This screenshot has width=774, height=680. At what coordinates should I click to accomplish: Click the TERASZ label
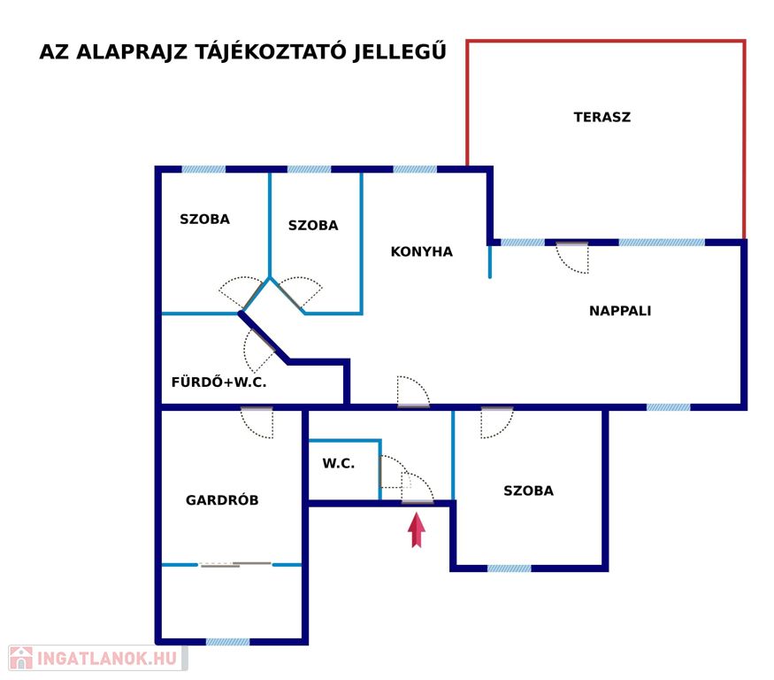(x=602, y=117)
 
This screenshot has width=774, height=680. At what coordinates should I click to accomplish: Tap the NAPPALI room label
(x=620, y=311)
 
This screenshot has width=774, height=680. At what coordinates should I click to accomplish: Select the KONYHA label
(x=422, y=251)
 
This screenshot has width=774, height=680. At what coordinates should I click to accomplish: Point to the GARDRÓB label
(x=222, y=500)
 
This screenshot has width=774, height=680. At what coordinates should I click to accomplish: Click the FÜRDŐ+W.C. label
(x=218, y=382)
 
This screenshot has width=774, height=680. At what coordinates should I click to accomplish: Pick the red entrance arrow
(x=417, y=529)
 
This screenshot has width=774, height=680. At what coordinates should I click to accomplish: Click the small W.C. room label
(x=338, y=464)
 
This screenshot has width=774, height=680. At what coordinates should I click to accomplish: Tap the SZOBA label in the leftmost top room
(x=205, y=219)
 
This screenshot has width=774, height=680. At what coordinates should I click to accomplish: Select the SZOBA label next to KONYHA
(x=313, y=226)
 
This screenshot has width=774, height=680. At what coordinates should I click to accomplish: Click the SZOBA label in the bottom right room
(x=528, y=491)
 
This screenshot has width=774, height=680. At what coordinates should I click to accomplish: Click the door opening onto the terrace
(x=572, y=257)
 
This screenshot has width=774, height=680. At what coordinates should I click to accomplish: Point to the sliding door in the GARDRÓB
(x=235, y=564)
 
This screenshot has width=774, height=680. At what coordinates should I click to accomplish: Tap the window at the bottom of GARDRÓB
(x=227, y=642)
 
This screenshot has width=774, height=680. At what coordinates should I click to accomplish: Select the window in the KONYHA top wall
(x=415, y=169)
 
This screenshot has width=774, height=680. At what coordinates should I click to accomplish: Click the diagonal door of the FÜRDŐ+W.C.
(x=259, y=351)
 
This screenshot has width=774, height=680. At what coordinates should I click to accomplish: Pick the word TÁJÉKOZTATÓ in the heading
(x=271, y=51)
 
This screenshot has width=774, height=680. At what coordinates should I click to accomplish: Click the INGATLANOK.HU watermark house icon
(x=20, y=658)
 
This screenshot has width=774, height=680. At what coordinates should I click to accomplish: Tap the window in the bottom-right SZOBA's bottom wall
(x=510, y=568)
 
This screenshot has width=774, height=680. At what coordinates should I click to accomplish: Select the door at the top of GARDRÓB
(x=257, y=422)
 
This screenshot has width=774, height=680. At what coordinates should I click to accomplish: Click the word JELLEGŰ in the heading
(x=400, y=50)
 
